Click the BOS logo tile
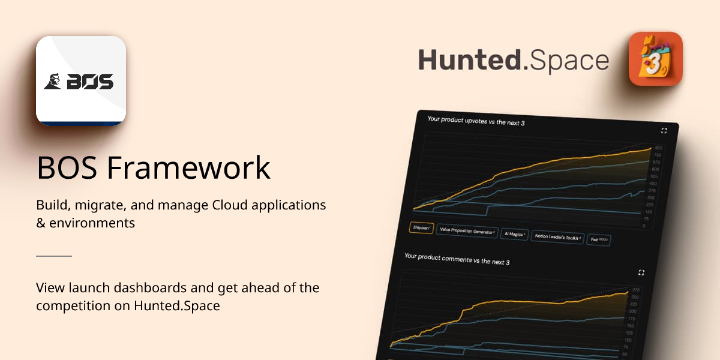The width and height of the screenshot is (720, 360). [x=81, y=81]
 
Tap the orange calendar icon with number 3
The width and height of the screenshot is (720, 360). [x=655, y=59]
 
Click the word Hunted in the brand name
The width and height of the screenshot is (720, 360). [x=470, y=61]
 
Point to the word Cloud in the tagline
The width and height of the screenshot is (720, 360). [x=230, y=205]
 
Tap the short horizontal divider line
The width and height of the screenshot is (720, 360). [x=54, y=256]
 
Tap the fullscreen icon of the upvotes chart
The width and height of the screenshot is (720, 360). [x=664, y=131]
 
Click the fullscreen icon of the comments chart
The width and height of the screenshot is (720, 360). [x=641, y=272]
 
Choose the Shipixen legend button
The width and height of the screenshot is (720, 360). [x=422, y=228]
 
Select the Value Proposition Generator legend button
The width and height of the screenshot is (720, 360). [x=467, y=231]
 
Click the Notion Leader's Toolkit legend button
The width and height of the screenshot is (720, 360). [x=557, y=237]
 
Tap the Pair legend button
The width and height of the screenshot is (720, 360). [x=598, y=239]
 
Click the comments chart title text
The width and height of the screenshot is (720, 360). [x=457, y=259]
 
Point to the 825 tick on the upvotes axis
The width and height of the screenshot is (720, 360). [x=658, y=148]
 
